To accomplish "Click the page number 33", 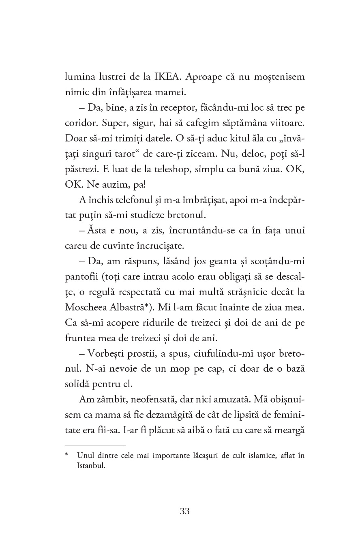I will point(184,511).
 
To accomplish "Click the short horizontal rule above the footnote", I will point(89,445).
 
